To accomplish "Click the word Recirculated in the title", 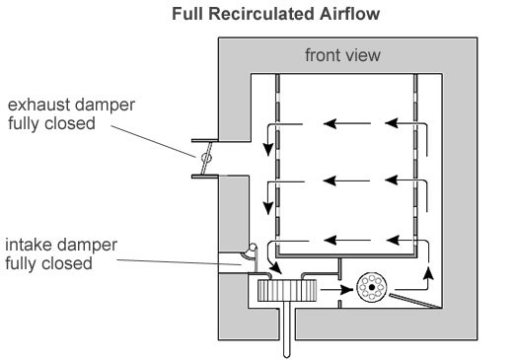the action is (261, 14).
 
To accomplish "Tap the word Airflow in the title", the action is (349, 14).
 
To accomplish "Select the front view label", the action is (342, 55).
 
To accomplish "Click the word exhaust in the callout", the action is (38, 106).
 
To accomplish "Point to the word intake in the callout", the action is (29, 245).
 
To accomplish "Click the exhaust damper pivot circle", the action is (206, 158).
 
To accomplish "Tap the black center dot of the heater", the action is (372, 287).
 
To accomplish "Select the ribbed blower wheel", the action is (287, 290).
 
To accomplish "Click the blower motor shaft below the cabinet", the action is (286, 329).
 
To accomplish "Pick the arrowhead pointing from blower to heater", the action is (346, 290).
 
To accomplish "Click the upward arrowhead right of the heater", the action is (428, 273).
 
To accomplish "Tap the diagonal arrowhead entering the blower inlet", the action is (275, 268).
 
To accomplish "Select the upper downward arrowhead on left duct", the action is (268, 150).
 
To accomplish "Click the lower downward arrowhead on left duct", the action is (268, 208).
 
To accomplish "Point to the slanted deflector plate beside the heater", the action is (414, 301).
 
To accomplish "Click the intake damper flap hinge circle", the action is (253, 248).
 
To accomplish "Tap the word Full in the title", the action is (188, 14).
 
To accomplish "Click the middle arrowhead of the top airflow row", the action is (330, 124).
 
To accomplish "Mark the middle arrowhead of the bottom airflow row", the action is (330, 241).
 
